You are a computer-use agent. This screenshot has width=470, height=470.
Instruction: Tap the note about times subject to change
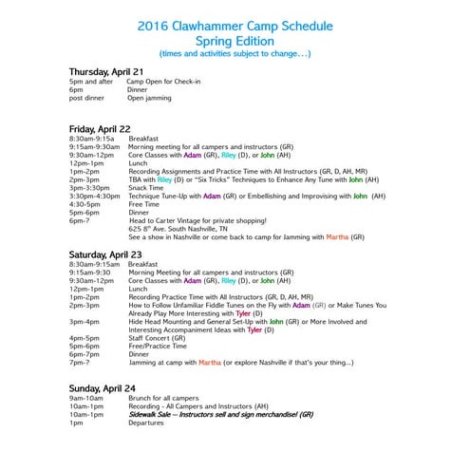tap(235, 54)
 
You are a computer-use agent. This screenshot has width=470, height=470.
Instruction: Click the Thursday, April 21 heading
tap(106, 72)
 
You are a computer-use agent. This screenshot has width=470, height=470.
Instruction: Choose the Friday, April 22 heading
tap(100, 127)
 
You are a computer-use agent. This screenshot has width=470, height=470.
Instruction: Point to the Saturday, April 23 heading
tap(105, 254)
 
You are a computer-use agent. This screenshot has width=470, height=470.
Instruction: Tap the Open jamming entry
tap(150, 98)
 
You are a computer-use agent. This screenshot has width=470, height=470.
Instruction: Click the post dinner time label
tap(86, 98)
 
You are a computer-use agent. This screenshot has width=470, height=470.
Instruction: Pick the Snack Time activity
tap(148, 187)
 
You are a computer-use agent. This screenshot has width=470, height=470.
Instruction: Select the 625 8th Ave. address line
tap(179, 229)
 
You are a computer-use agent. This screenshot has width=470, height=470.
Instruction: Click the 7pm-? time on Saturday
tap(80, 363)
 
